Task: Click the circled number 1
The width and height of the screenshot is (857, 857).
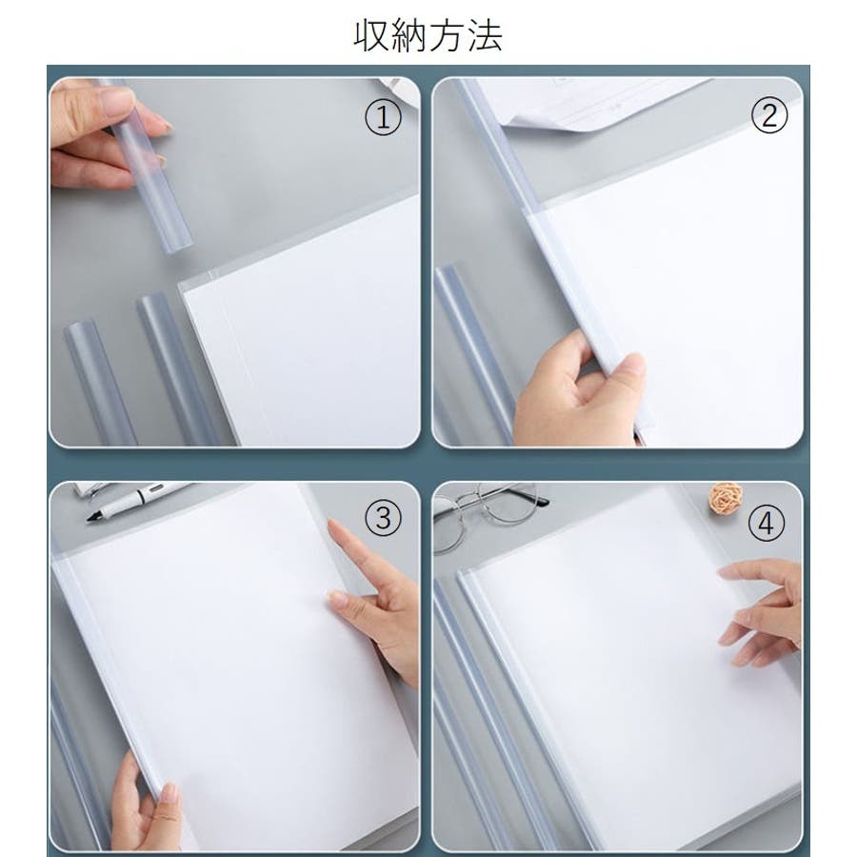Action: coord(383,117)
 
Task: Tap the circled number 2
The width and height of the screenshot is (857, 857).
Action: coord(769,115)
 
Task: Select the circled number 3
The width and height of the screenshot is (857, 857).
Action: coord(384,518)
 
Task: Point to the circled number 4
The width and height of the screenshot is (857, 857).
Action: coord(767,523)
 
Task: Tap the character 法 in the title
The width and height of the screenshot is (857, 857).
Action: coord(485,36)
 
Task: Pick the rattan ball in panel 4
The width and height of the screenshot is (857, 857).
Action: coord(726,498)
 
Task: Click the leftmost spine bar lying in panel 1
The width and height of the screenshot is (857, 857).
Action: coord(101,383)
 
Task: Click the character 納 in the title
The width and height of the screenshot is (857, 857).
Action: coord(409,36)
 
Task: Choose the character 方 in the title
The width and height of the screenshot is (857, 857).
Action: coord(448,36)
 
